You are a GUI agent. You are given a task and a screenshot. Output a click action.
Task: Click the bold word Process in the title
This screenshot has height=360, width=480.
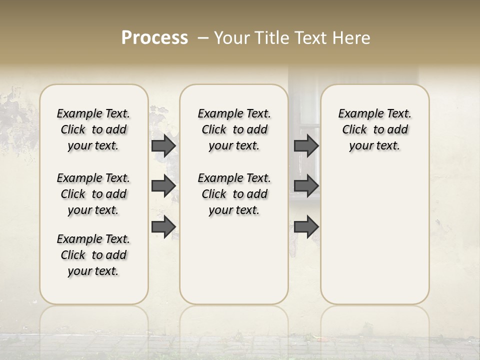[x=154, y=38]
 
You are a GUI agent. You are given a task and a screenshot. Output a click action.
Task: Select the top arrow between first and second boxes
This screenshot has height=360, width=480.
[x=163, y=145]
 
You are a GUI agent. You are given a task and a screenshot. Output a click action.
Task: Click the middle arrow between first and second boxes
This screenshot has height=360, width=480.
[x=163, y=186]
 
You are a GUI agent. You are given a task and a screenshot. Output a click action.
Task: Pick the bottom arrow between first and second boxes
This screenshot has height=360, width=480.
[x=163, y=227]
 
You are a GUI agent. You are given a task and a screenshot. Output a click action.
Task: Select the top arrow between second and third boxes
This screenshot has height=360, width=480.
[x=306, y=145]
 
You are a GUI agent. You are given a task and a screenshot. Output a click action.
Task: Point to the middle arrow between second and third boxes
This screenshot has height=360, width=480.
[x=306, y=186]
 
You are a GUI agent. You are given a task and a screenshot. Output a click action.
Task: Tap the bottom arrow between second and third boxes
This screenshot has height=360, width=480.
[x=306, y=227]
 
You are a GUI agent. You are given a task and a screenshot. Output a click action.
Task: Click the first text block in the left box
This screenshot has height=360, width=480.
[x=93, y=129]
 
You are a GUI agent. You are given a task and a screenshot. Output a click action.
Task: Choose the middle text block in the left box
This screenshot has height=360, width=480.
[x=93, y=194]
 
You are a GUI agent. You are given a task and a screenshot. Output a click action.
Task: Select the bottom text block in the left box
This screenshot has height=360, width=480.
[x=93, y=255]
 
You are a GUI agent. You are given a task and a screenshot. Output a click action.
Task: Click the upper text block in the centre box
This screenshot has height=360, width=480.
[x=234, y=129]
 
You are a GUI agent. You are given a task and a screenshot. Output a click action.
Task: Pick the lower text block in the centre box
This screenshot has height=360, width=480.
[x=234, y=194]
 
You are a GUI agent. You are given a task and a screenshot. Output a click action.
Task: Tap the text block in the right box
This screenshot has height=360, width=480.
[x=374, y=129]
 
